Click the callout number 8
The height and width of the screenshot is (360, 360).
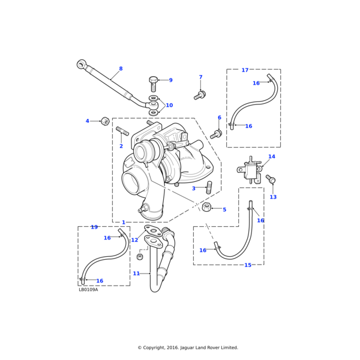[x=121, y=69]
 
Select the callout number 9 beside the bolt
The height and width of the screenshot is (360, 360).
[x=170, y=80]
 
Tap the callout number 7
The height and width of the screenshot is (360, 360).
[x=200, y=77]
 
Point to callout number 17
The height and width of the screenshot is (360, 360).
[x=245, y=70]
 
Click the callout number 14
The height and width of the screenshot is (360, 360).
[x=272, y=157]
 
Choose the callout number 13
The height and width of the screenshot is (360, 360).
[x=273, y=197]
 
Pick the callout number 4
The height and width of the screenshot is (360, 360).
[x=87, y=121]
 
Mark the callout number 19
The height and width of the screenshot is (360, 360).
[x=94, y=227]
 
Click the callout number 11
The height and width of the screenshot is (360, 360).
[x=136, y=274]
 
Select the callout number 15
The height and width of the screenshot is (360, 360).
[x=248, y=265]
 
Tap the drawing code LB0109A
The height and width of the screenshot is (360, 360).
[x=88, y=290]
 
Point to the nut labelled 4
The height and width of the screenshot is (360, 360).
[x=105, y=121]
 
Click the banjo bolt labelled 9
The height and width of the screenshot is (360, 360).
[x=154, y=83]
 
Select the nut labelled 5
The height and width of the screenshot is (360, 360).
[x=207, y=207]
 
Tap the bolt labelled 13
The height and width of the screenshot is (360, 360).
[x=271, y=179]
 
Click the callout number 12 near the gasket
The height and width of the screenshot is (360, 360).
[x=134, y=240]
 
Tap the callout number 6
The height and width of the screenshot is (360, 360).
[x=220, y=118]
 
